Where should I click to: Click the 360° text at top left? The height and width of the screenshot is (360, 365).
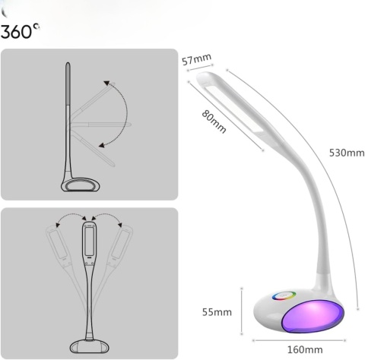[x=21, y=33]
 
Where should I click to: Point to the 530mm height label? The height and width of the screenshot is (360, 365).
[x=346, y=153]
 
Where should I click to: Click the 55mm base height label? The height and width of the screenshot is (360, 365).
[x=217, y=312]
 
